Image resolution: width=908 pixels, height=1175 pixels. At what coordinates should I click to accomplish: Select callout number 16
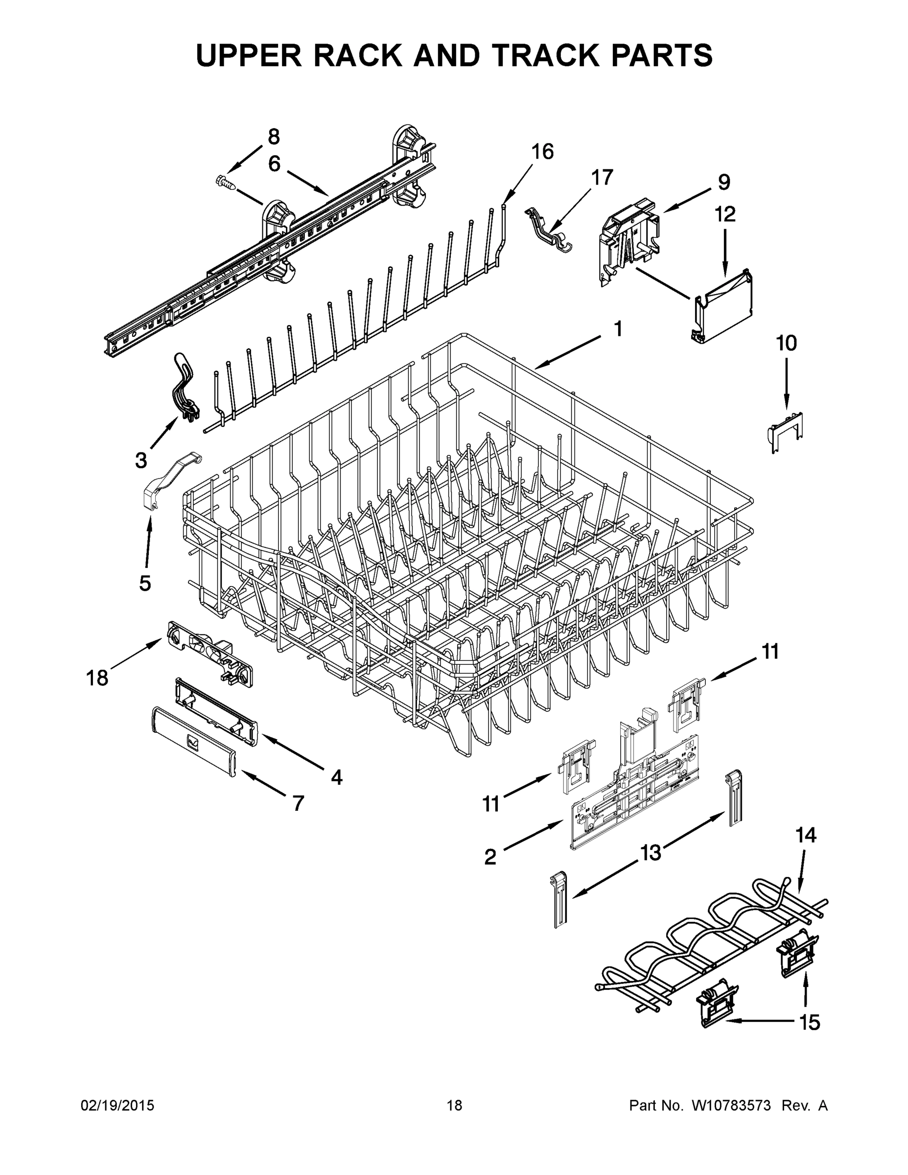point(542,152)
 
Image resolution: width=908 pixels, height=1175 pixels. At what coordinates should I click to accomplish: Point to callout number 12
point(724,214)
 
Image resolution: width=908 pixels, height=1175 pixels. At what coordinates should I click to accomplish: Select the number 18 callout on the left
point(97,678)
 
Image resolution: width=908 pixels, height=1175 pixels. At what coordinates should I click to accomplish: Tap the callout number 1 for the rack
point(618,329)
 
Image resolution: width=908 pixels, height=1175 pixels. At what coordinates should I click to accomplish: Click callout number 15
point(810,1022)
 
